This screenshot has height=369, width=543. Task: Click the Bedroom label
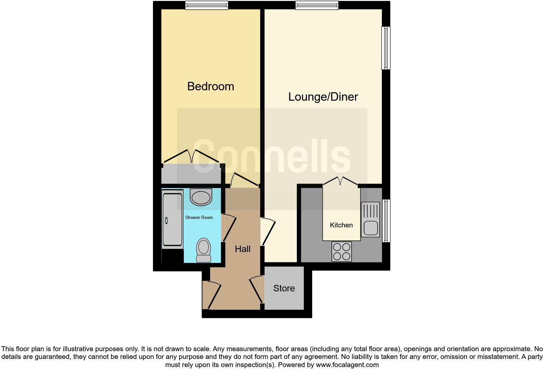pyautogui.click(x=210, y=86)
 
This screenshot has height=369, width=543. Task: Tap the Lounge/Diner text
pyautogui.click(x=323, y=97)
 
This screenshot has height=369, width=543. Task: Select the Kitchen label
pyautogui.click(x=341, y=225)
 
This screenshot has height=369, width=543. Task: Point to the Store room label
pyautogui.click(x=284, y=288)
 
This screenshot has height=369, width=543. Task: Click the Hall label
pyautogui.click(x=243, y=249)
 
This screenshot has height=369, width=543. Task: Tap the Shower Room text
pyautogui.click(x=199, y=217)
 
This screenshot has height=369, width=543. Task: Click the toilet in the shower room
pyautogui.click(x=204, y=250)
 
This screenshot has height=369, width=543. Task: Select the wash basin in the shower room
pyautogui.click(x=201, y=197)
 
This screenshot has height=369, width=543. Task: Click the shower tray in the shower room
pyautogui.click(x=172, y=220)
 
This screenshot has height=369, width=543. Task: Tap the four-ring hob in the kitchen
pyautogui.click(x=342, y=251)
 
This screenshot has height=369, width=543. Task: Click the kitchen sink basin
pyautogui.click(x=370, y=228)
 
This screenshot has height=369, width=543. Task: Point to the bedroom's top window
pyautogui.click(x=207, y=5)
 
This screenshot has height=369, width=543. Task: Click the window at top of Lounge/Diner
pyautogui.click(x=317, y=5)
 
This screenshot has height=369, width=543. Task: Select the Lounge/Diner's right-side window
pyautogui.click(x=385, y=48)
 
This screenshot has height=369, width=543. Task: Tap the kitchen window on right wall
pyautogui.click(x=385, y=221)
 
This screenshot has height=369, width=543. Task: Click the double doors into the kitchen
pyautogui.click(x=340, y=181)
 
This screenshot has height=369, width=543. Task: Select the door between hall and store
pyautogui.click(x=257, y=289)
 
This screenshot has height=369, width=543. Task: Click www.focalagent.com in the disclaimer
pyautogui.click(x=347, y=365)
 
